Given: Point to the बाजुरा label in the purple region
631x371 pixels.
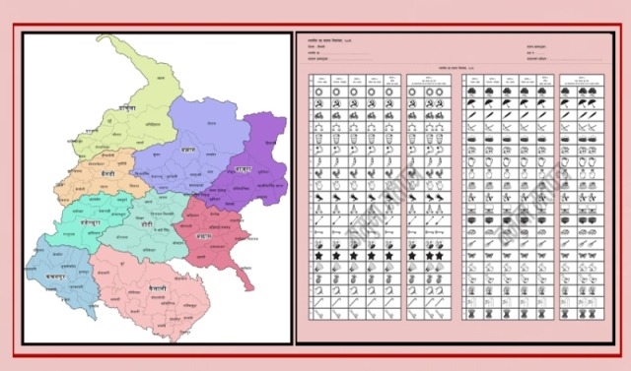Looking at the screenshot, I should [243, 169].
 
